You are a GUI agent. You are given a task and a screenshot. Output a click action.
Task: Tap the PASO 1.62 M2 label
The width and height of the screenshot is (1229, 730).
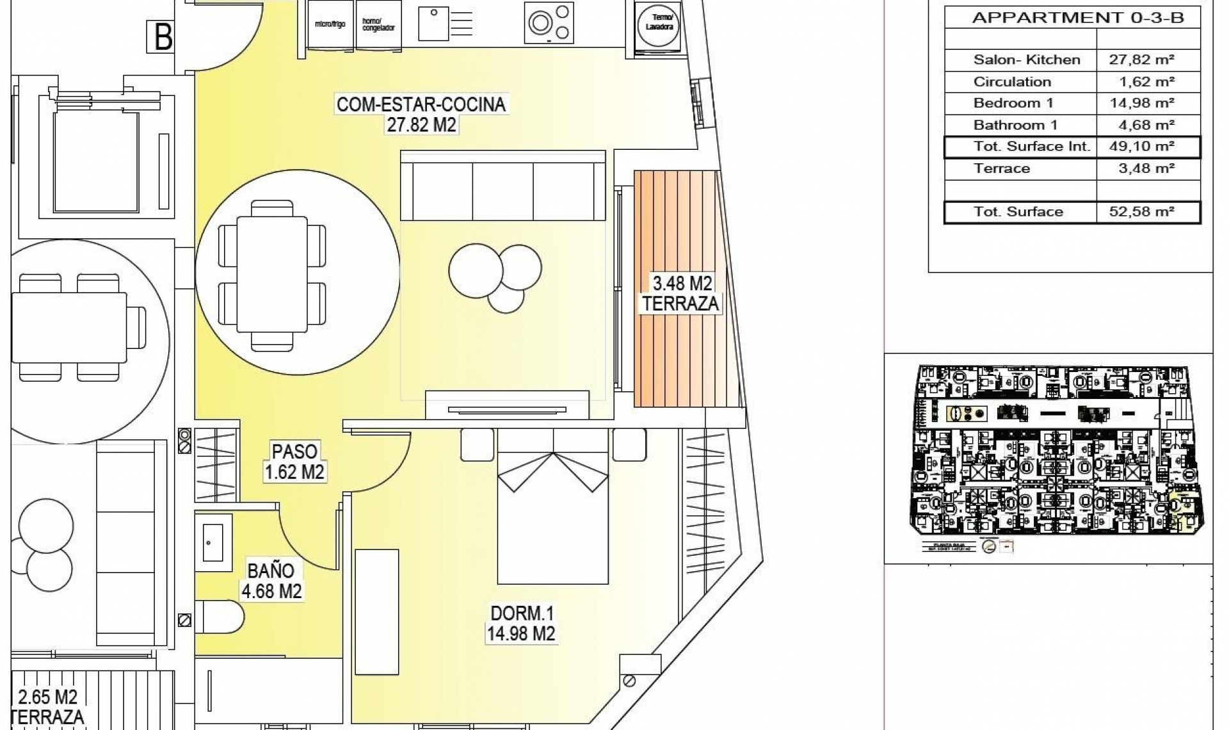pos(294,462)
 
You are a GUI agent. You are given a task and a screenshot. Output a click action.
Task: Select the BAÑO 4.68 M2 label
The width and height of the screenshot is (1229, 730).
pos(271,580)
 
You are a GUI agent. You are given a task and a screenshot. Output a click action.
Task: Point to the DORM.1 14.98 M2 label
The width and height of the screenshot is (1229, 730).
pos(521,623)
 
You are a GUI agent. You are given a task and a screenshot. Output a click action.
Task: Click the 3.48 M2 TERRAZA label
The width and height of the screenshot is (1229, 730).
pos(681,293)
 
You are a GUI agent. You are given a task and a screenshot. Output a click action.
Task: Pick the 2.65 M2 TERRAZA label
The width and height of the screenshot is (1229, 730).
pos(48,706)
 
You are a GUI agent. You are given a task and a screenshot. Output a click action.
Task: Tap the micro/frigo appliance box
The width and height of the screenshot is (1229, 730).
pos(330,25)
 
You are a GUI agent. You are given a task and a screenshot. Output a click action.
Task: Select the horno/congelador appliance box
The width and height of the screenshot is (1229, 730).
pos(378,25)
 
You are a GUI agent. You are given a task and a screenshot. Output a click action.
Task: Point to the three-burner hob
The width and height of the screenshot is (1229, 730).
pos(549,23)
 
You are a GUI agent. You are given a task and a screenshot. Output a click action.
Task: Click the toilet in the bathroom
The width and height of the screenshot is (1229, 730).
pos(219,617)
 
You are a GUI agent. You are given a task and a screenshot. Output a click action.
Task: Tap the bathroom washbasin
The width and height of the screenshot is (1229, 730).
pos(213,542)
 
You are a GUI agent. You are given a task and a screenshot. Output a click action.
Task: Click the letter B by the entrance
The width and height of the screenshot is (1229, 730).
pos(163,36)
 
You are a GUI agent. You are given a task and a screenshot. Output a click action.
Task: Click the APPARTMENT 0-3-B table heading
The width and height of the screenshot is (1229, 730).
pos(1078,18)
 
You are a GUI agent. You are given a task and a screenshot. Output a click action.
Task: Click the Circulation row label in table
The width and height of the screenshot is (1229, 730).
pos(1012,82)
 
